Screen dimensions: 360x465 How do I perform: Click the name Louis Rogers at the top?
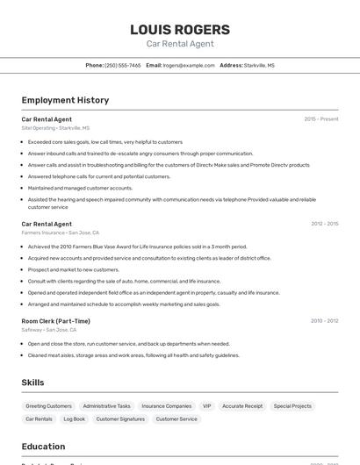pos(180,29)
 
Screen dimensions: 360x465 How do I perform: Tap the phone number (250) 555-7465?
pos(122,65)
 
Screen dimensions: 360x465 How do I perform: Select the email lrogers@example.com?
pos(189,65)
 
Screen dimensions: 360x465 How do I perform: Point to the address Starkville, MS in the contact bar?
pos(259,65)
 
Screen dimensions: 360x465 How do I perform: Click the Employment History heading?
pos(65,100)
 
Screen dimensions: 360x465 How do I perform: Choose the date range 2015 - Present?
pos(320,118)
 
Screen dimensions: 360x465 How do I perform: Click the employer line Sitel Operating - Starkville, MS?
pos(55,128)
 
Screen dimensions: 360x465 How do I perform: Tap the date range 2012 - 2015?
pos(324,224)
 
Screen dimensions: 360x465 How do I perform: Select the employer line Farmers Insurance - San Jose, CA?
pos(61,232)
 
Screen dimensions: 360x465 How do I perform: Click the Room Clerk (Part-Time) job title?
pos(55,321)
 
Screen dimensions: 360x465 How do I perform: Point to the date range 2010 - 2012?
pos(324,321)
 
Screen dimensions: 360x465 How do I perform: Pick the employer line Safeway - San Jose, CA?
pos(51,330)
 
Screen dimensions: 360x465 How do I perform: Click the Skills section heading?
pos(33,383)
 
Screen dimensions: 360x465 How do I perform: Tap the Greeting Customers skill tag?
pos(48,406)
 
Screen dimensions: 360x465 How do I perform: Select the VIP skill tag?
pos(207,406)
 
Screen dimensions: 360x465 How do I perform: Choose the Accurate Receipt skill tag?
pos(242,406)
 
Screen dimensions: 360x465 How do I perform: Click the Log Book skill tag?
pos(75,419)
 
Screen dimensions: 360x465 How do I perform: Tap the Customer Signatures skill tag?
pos(120,419)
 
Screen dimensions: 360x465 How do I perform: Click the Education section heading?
pos(44,447)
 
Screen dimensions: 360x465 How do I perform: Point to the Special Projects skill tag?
pos(292,406)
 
